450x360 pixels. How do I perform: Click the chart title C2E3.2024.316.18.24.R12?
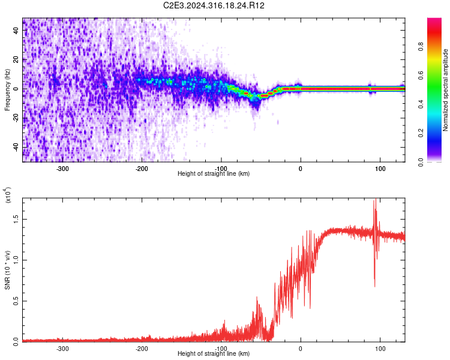pyautogui.click(x=214, y=5)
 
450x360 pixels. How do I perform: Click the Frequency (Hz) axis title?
pyautogui.click(x=7, y=90)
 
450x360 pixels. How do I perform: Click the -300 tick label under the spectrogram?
pyautogui.click(x=63, y=169)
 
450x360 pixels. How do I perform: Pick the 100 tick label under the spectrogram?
pyautogui.click(x=380, y=169)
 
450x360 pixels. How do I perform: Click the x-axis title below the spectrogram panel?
pyautogui.click(x=214, y=174)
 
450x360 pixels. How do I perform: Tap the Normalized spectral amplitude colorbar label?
pyautogui.click(x=446, y=90)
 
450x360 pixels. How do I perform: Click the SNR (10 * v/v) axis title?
pyautogui.click(x=7, y=271)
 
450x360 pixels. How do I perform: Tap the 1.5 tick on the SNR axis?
pyautogui.click(x=16, y=220)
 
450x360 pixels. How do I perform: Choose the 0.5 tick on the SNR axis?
pyautogui.click(x=16, y=301)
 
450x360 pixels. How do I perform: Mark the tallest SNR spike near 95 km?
pyautogui.click(x=376, y=200)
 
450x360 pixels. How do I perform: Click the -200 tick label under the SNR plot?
pyautogui.click(x=142, y=348)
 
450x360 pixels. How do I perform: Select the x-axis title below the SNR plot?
pyautogui.click(x=214, y=354)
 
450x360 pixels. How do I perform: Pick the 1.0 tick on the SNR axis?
pyautogui.click(x=16, y=260)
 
